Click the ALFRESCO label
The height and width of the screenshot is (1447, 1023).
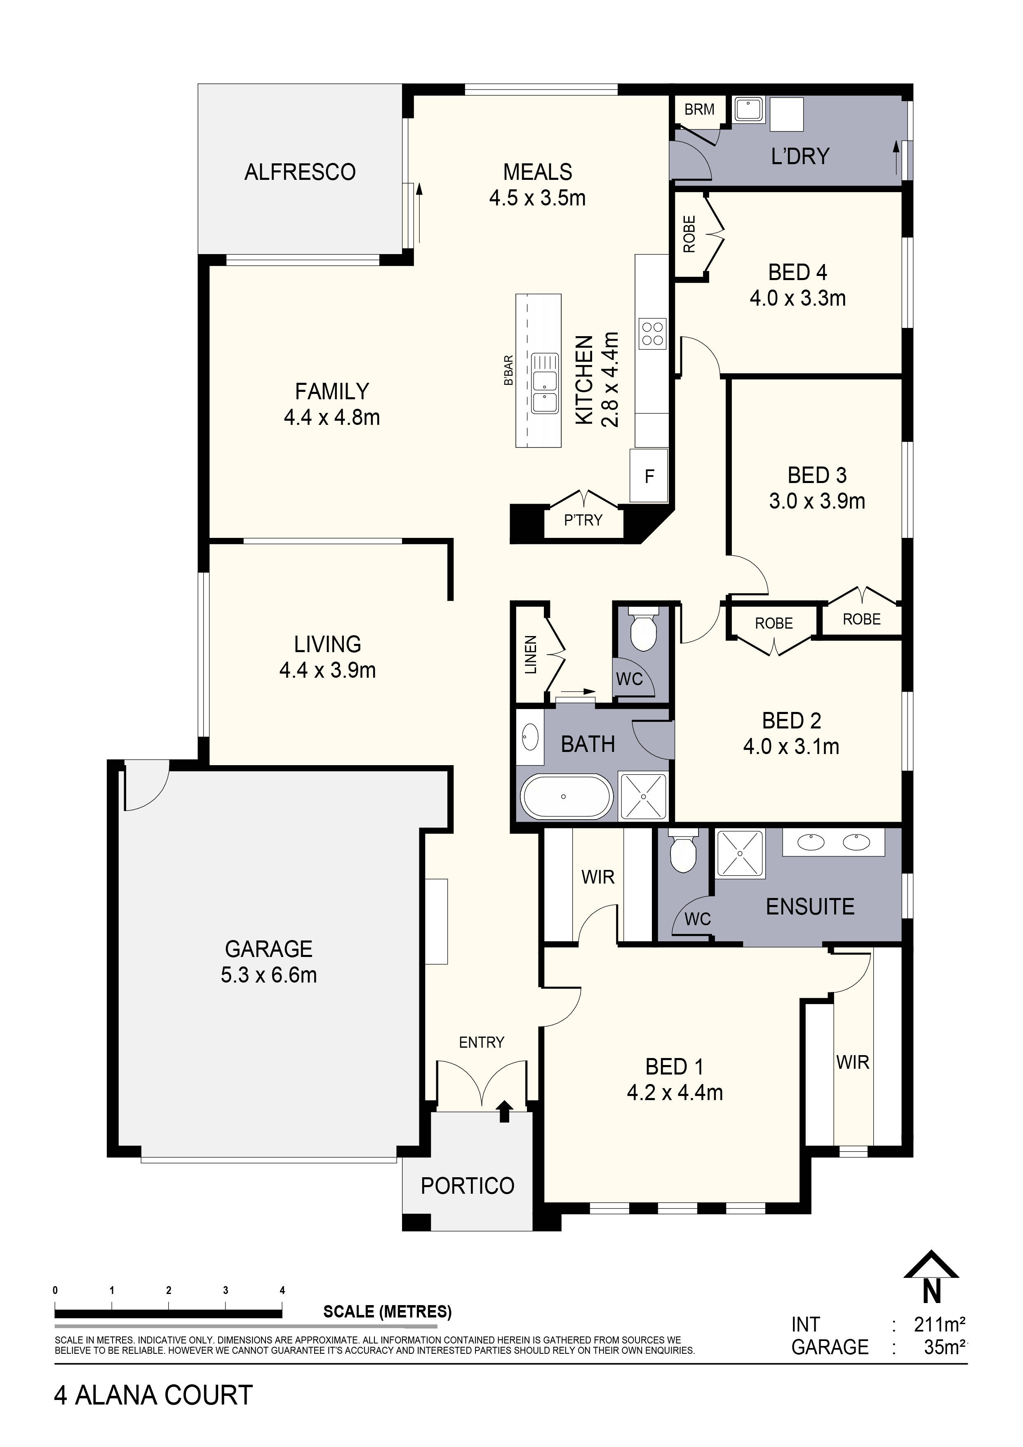point(300,172)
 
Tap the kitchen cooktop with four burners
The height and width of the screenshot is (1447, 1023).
point(651,334)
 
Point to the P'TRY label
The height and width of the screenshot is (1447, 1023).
point(583,520)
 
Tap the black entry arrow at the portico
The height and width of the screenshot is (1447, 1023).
point(504,1112)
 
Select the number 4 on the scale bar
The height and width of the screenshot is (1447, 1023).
point(282,1290)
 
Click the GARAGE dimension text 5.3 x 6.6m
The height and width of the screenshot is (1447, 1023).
point(268,975)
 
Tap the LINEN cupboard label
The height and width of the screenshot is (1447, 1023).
point(530,655)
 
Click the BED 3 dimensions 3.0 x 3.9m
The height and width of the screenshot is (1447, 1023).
point(816,501)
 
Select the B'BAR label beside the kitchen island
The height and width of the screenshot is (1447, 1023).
point(508,370)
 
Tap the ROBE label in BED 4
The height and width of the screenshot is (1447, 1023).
point(689,234)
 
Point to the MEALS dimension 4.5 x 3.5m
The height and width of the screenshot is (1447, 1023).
point(537,198)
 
